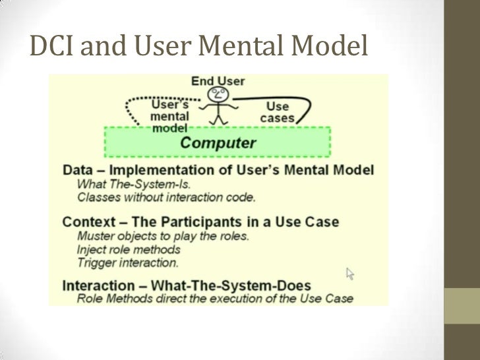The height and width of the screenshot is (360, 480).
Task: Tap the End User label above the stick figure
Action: (218, 81)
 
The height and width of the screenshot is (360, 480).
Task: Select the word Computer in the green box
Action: (218, 142)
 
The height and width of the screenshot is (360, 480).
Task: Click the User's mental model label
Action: (170, 116)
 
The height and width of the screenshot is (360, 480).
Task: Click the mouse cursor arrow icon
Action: (351, 273)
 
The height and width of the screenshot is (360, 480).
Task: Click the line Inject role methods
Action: (128, 249)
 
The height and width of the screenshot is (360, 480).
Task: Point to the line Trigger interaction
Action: (127, 262)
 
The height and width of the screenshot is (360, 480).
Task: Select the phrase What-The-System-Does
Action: (237, 285)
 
